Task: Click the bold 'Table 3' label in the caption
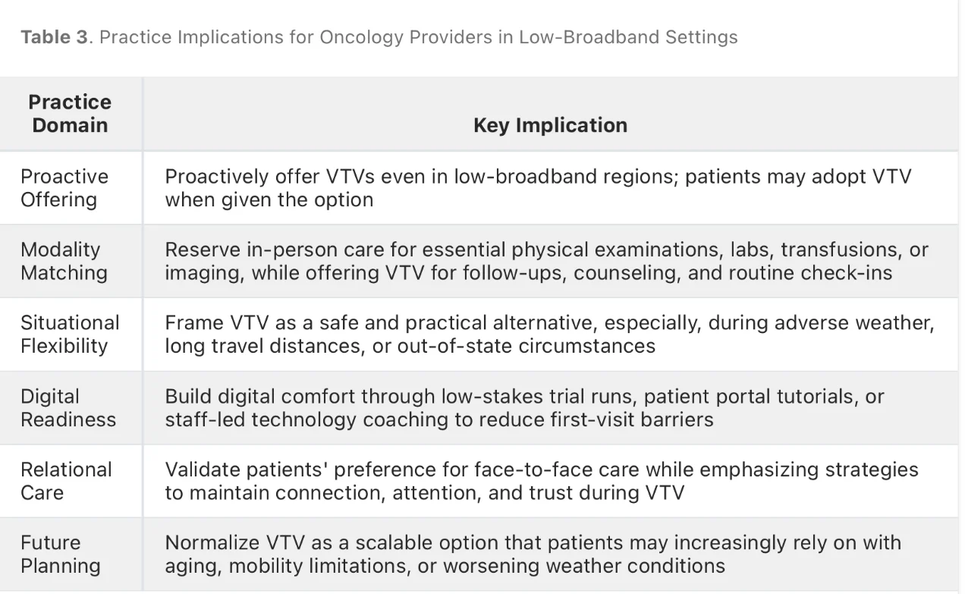(55, 37)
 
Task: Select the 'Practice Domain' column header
(70, 114)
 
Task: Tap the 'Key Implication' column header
(550, 125)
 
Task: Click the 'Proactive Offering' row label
(64, 188)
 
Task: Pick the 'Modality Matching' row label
(64, 261)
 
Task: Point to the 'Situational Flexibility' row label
(71, 335)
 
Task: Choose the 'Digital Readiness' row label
(68, 408)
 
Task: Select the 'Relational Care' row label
(66, 481)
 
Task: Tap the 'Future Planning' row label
(61, 555)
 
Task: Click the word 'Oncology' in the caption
(361, 37)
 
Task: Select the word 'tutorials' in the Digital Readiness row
(818, 396)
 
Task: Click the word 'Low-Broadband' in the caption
(589, 37)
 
